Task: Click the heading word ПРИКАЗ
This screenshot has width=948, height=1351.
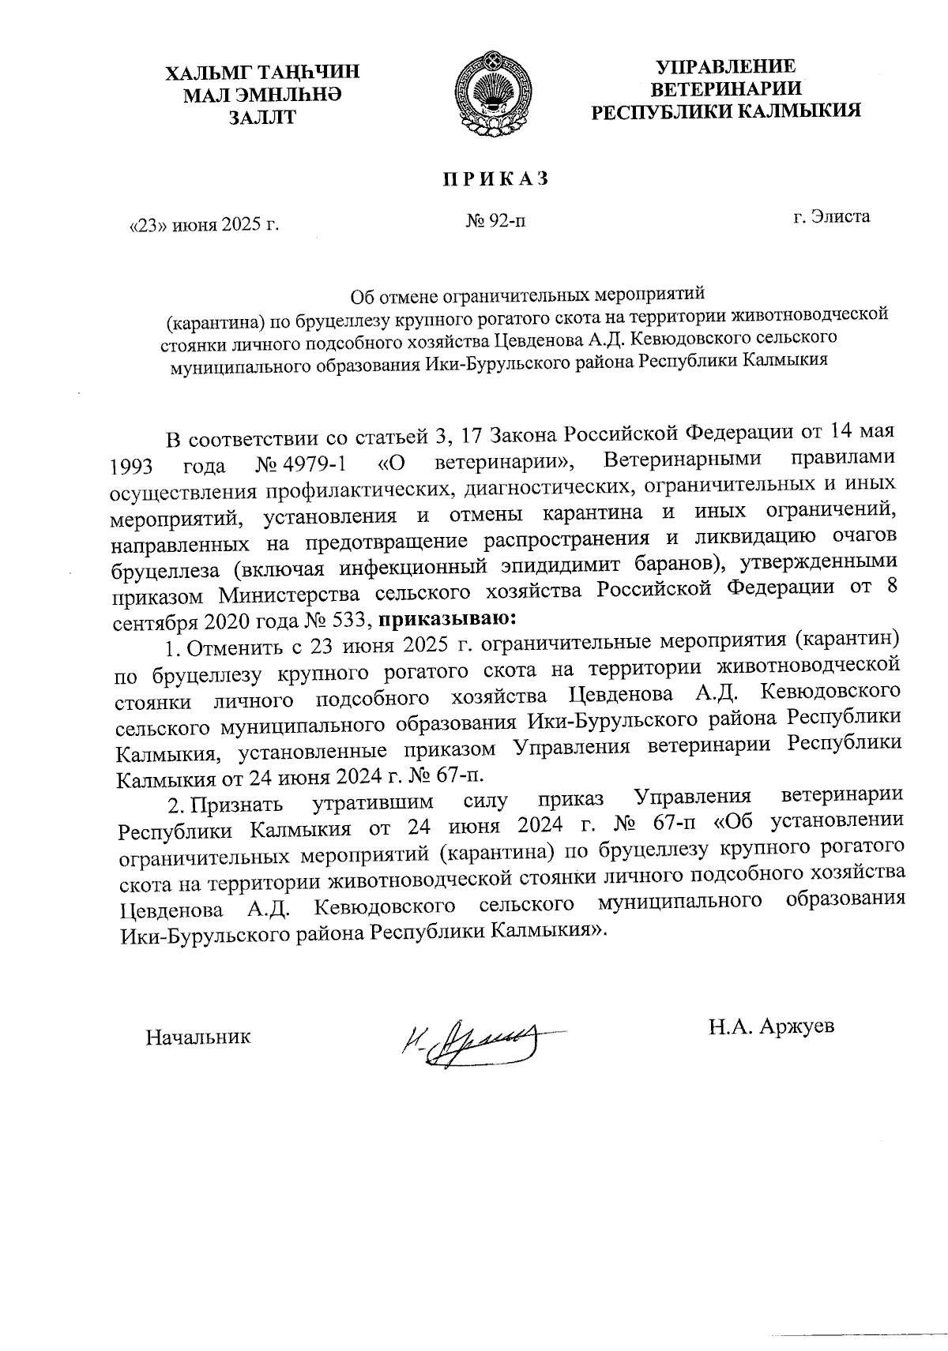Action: coord(495,179)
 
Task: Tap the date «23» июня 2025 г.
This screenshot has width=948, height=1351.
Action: coord(205,224)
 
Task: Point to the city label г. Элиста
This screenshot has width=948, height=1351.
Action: coord(832,216)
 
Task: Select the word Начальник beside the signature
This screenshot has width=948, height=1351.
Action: coord(198,1037)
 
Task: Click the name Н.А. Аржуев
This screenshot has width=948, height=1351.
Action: coord(771,1026)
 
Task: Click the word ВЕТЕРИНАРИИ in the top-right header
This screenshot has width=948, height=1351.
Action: coord(728,88)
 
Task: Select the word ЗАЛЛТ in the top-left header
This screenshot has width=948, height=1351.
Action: coord(261,118)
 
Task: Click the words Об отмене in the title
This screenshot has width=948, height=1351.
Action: coord(385,298)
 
